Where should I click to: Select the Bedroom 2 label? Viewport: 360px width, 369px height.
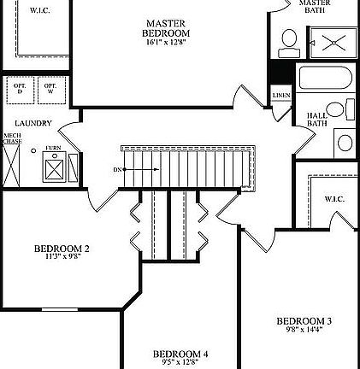pyautogui.click(x=62, y=249)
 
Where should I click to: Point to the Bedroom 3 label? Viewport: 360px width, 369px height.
pyautogui.click(x=304, y=321)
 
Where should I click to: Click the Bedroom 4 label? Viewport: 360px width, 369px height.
pyautogui.click(x=181, y=353)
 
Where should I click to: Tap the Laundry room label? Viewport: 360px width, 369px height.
pyautogui.click(x=32, y=123)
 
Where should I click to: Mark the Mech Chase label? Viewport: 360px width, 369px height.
pyautogui.click(x=12, y=138)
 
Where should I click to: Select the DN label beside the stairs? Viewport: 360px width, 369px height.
pyautogui.click(x=118, y=169)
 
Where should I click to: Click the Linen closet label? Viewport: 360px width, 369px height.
pyautogui.click(x=281, y=95)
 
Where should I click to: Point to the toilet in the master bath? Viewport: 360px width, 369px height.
pyautogui.click(x=289, y=40)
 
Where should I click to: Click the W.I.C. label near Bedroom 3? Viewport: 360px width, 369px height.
pyautogui.click(x=333, y=199)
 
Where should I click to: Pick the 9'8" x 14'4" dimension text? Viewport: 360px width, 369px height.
pyautogui.click(x=304, y=331)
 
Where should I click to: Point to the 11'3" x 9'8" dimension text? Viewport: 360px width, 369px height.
pyautogui.click(x=62, y=257)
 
